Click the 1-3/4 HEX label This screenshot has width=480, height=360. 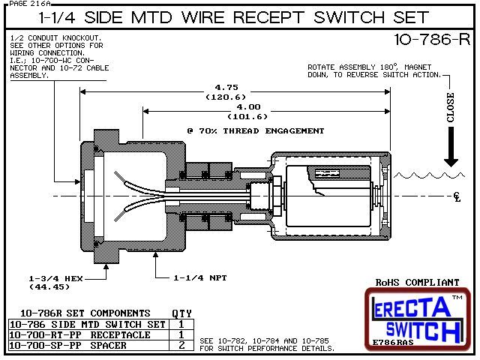pos(55,277)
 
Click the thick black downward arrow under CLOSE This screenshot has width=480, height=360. pos(451,149)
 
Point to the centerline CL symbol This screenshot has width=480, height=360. pos(457,197)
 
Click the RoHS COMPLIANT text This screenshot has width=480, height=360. pos(417,283)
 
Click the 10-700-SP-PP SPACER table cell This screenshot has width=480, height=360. pos(75,344)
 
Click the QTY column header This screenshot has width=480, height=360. pos(182,313)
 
